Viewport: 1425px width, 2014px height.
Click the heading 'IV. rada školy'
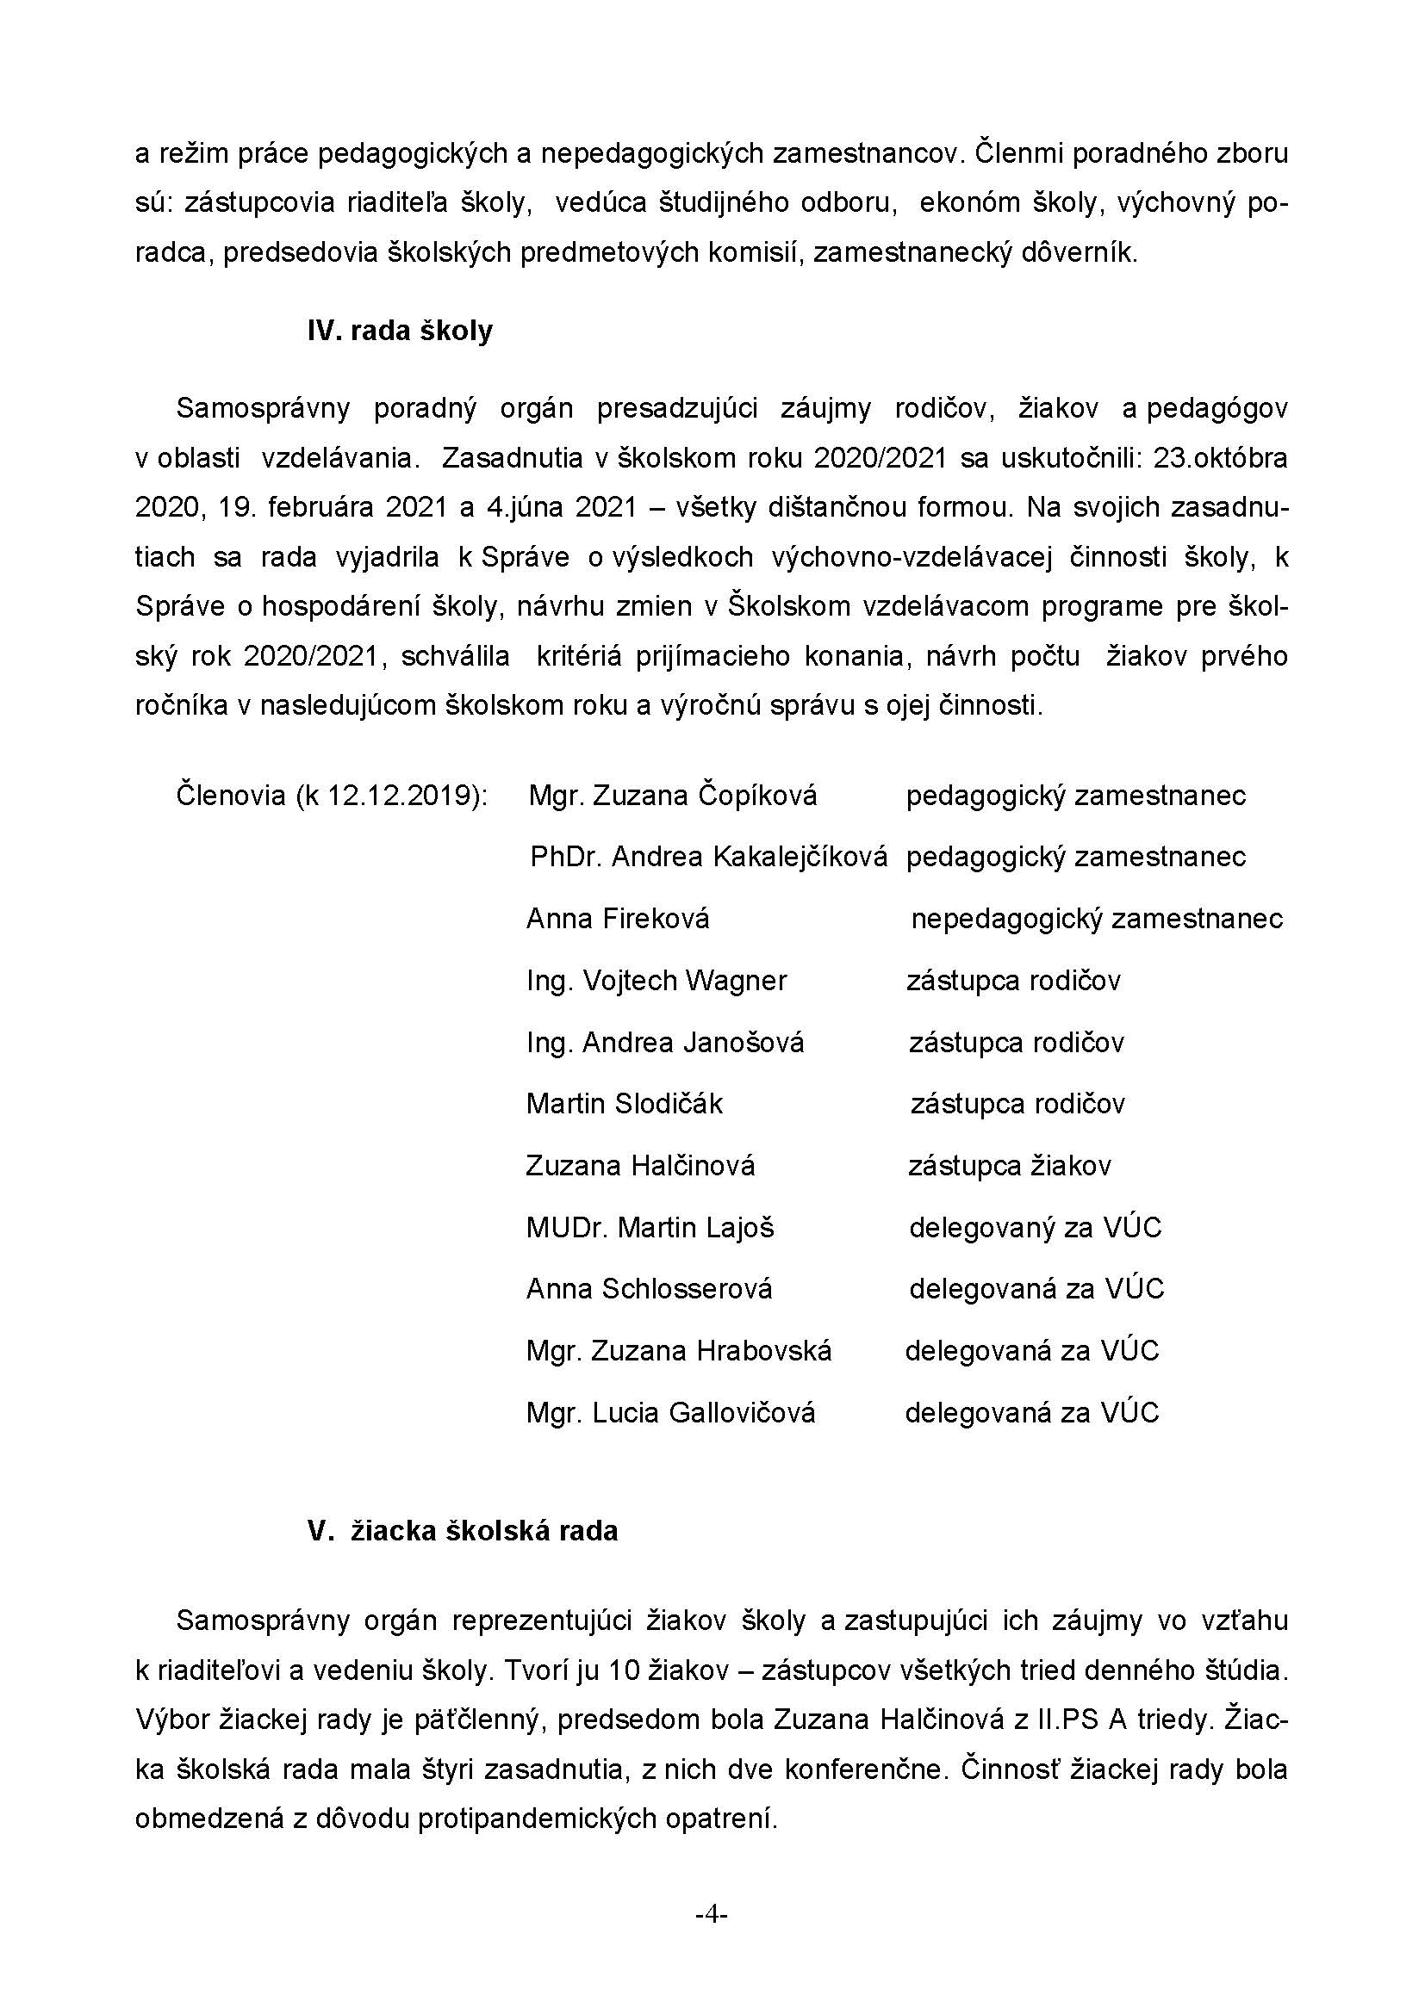click(x=399, y=331)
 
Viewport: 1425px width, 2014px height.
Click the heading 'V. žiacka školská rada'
click(x=463, y=1531)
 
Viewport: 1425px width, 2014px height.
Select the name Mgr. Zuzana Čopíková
click(x=672, y=796)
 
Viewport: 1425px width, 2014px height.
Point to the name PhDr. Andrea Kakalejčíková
click(x=708, y=857)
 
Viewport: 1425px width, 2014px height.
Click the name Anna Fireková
click(x=617, y=919)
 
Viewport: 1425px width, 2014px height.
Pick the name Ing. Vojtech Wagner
click(x=656, y=980)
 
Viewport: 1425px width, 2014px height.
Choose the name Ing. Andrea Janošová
click(x=665, y=1042)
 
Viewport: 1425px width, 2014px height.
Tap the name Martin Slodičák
click(x=624, y=1104)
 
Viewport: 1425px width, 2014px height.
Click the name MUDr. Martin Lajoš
click(x=650, y=1227)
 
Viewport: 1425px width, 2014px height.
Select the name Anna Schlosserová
click(x=650, y=1289)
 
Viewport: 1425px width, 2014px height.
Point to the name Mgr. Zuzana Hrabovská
click(x=678, y=1350)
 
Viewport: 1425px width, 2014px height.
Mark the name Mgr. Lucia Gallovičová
click(x=670, y=1412)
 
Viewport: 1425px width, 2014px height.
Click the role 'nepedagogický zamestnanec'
click(x=1097, y=919)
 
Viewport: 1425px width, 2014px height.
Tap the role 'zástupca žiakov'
click(x=1009, y=1166)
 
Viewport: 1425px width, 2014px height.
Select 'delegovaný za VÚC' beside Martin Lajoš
click(x=1035, y=1227)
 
